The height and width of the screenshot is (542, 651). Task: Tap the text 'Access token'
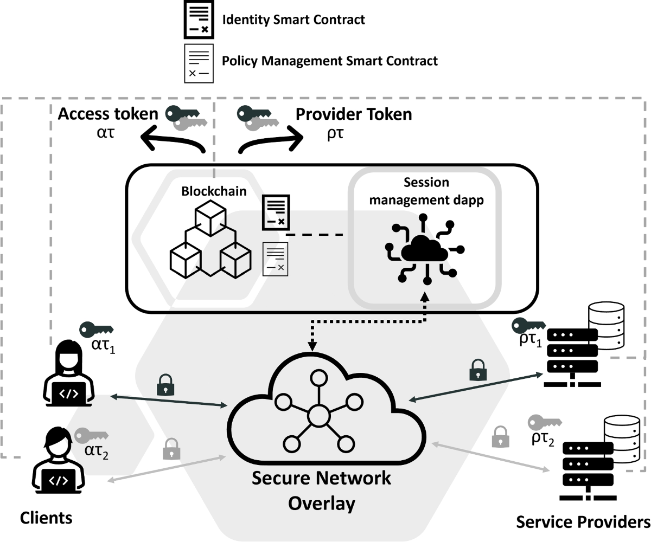108,114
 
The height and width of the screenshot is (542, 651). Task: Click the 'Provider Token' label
353,114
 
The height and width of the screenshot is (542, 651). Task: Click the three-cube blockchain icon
210,242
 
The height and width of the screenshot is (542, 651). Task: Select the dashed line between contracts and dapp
315,235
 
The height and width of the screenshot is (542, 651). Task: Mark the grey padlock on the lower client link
171,448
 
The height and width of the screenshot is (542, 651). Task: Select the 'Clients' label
46,518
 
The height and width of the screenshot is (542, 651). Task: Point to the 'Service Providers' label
582,522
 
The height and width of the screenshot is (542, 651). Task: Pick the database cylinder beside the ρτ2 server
621,440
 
